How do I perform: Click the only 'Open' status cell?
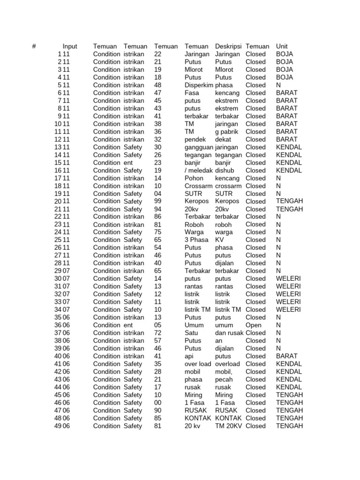click(x=254, y=325)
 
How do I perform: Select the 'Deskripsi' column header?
click(x=228, y=46)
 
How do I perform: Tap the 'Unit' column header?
click(x=282, y=46)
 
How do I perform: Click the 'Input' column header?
click(x=70, y=46)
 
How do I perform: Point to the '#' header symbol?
click(x=34, y=46)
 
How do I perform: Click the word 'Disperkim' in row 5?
click(x=199, y=85)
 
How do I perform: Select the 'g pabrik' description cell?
click(x=227, y=132)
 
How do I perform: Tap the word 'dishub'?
click(x=225, y=171)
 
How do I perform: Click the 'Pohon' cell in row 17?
click(x=194, y=178)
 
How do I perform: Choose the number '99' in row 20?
click(x=157, y=201)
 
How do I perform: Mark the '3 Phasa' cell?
click(x=197, y=240)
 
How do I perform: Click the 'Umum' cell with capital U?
click(x=194, y=325)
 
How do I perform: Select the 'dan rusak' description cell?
click(x=229, y=333)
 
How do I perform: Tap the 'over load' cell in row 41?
click(x=198, y=364)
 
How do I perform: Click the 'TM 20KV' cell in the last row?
click(x=228, y=426)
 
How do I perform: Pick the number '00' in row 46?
click(x=157, y=403)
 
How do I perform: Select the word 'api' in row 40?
click(x=190, y=356)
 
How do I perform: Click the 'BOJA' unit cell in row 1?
click(x=285, y=54)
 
